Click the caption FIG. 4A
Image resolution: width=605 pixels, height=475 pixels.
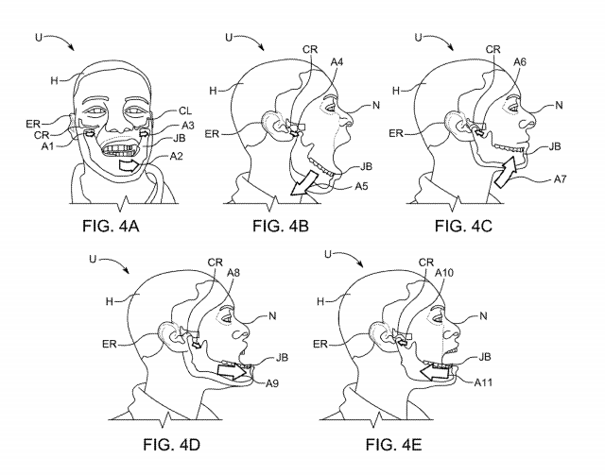pyautogui.click(x=111, y=226)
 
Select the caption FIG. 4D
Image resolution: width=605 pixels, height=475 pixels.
pyautogui.click(x=171, y=445)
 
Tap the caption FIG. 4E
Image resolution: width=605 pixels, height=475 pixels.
pyautogui.click(x=393, y=445)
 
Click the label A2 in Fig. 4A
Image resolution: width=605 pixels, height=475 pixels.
pyautogui.click(x=177, y=156)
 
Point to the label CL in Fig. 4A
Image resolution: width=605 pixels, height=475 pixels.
pyautogui.click(x=185, y=111)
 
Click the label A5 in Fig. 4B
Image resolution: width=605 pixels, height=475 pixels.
pyautogui.click(x=361, y=186)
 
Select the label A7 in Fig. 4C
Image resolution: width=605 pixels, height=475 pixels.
pyautogui.click(x=561, y=179)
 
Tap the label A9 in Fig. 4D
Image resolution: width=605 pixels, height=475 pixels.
pyautogui.click(x=272, y=383)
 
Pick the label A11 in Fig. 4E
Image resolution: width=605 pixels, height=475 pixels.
pyautogui.click(x=483, y=382)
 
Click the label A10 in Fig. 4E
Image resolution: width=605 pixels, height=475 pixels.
pyautogui.click(x=444, y=273)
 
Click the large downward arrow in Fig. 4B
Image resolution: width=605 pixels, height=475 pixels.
pyautogui.click(x=303, y=183)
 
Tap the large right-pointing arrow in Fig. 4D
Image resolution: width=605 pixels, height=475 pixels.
pyautogui.click(x=233, y=370)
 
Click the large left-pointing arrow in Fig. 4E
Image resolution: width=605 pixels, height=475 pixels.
pyautogui.click(x=434, y=373)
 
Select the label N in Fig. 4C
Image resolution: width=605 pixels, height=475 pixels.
pyautogui.click(x=559, y=105)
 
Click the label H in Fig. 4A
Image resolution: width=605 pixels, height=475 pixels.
pyautogui.click(x=55, y=80)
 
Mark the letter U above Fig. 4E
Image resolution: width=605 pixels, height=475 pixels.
pyautogui.click(x=328, y=254)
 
